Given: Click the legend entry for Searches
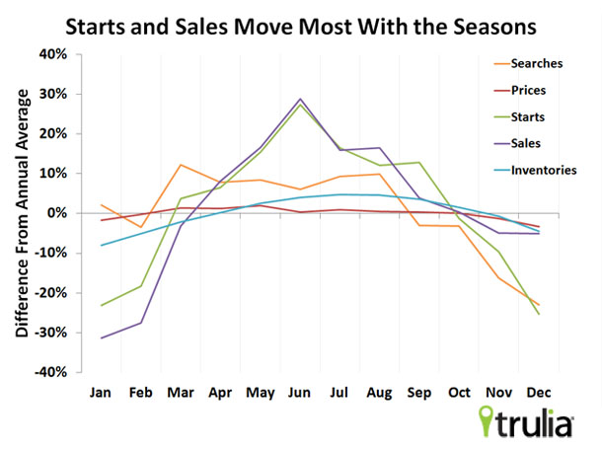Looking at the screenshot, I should [x=536, y=64].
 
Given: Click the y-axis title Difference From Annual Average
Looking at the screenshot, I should [x=21, y=212].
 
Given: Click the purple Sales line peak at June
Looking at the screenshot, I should [x=299, y=99].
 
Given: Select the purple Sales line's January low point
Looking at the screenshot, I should [x=101, y=337].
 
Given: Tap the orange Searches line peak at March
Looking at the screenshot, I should [x=181, y=165].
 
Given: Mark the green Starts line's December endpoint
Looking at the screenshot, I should [x=538, y=314].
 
